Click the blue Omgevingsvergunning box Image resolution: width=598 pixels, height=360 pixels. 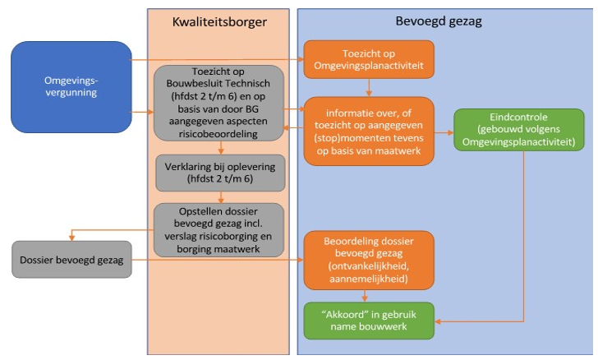click(71, 86)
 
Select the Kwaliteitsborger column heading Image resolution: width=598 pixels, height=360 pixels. click(218, 21)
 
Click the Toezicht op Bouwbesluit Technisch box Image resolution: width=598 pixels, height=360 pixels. click(218, 104)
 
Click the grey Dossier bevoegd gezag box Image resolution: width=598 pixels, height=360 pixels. click(71, 261)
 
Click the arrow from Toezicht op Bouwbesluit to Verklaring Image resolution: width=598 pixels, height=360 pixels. click(220, 147)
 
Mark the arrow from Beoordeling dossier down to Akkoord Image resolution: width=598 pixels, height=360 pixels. click(370, 297)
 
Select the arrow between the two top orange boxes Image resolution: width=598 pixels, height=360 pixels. click(370, 87)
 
